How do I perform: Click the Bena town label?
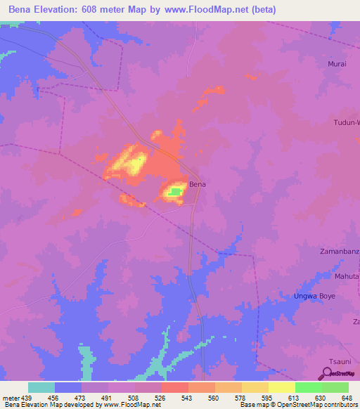click(x=198, y=184)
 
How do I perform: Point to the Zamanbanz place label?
click(x=340, y=251)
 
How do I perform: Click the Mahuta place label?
click(x=346, y=276)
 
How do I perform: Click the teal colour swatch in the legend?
click(x=41, y=387)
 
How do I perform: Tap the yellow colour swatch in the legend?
click(x=282, y=387)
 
